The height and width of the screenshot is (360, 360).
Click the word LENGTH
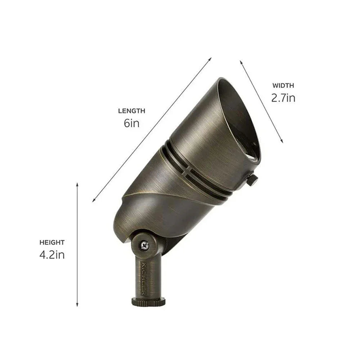point(131,111)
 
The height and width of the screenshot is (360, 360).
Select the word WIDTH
point(283,86)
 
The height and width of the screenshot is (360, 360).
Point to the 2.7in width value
point(283,98)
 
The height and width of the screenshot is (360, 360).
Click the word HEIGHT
point(53,243)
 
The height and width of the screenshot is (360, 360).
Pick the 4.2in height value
point(52,255)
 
